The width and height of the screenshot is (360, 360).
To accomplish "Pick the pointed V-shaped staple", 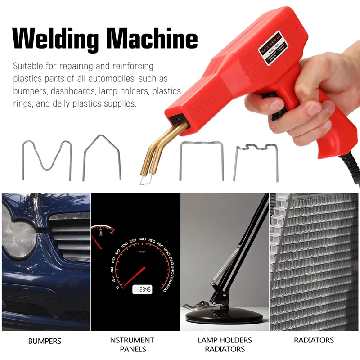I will [102, 157].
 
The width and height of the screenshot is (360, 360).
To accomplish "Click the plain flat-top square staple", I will [201, 160].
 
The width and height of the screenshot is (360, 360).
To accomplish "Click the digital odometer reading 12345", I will [142, 289].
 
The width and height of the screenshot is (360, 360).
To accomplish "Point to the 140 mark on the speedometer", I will [142, 239].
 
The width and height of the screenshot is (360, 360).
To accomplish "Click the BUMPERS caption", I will [45, 341].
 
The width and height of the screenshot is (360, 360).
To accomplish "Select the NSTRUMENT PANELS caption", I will [135, 344].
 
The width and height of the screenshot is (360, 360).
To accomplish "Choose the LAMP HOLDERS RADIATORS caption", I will [225, 344].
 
